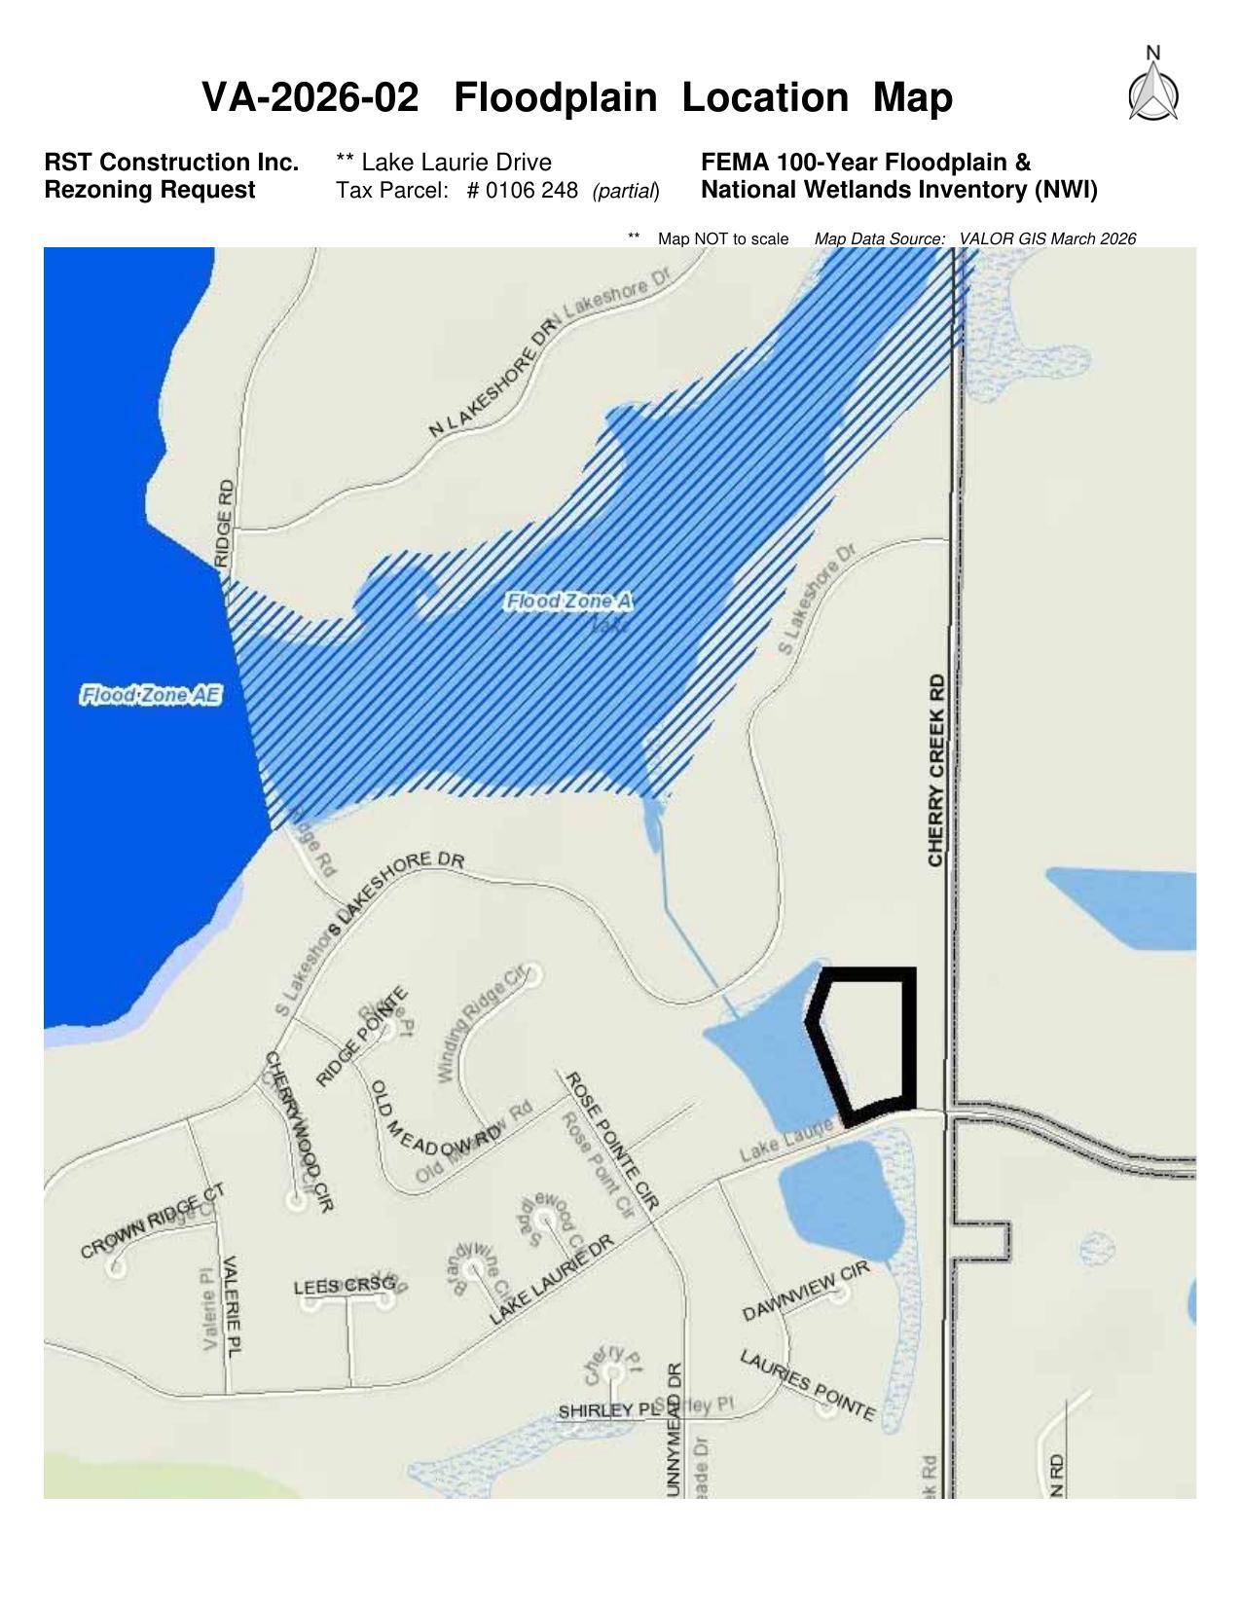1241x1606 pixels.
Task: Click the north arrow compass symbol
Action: point(1153,88)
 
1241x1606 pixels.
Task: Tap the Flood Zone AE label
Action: point(151,696)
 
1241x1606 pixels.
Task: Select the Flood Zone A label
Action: point(568,602)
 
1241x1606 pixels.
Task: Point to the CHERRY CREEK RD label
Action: point(936,770)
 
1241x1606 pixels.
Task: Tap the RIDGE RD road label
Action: point(225,523)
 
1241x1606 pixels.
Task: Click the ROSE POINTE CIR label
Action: point(613,1141)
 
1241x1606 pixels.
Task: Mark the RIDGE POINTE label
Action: point(362,1038)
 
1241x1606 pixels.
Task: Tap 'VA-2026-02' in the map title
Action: point(310,97)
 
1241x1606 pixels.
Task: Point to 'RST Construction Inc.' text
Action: point(171,163)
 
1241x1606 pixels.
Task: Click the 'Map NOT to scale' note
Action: point(722,238)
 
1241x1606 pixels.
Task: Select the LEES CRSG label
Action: point(345,1287)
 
